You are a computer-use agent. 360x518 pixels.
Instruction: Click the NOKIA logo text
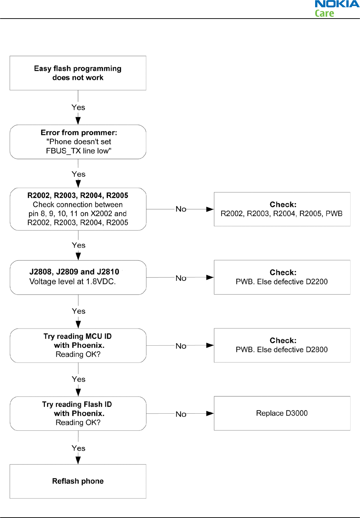coord(337,4)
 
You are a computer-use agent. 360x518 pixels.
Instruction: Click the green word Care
coord(324,13)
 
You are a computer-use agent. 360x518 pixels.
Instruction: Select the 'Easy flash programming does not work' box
coord(78,73)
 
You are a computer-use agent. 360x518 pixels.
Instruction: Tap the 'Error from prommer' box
coord(78,142)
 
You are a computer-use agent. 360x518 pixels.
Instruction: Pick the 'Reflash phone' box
coord(78,481)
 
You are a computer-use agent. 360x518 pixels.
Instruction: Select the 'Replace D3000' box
coord(282,413)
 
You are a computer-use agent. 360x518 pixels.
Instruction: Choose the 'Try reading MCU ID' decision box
coord(78,345)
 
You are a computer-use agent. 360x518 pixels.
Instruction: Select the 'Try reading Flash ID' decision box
coord(78,414)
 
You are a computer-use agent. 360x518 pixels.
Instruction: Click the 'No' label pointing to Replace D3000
coord(181,414)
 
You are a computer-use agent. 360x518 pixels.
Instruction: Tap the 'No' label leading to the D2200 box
coord(181,278)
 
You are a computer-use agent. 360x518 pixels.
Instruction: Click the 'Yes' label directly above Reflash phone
coord(79,448)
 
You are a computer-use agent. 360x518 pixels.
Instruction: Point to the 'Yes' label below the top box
coord(78,107)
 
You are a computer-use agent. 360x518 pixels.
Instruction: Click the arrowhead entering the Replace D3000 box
coord(210,414)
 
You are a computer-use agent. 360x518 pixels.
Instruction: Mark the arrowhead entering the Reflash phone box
coord(78,461)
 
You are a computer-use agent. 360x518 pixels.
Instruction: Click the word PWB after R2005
coord(334,213)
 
